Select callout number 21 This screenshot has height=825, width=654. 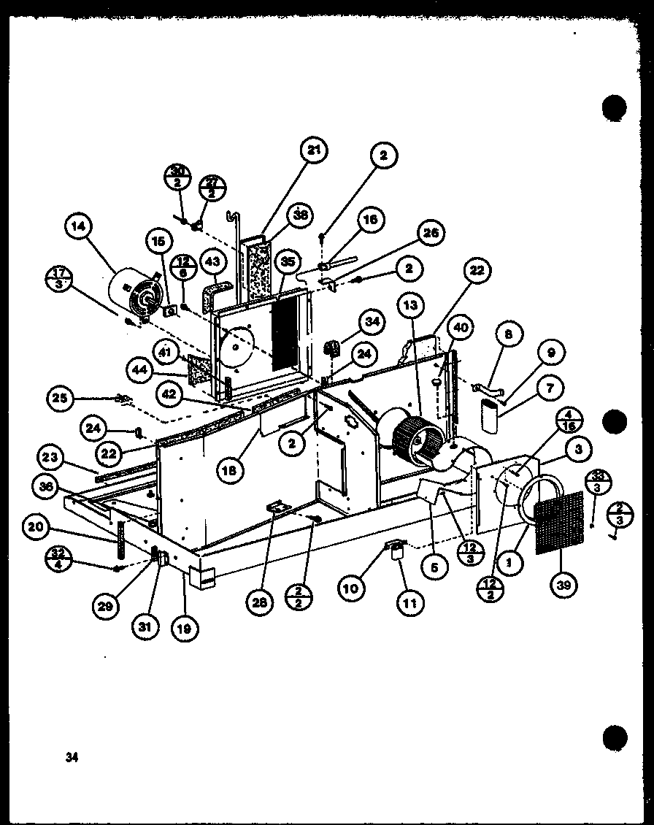click(314, 152)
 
